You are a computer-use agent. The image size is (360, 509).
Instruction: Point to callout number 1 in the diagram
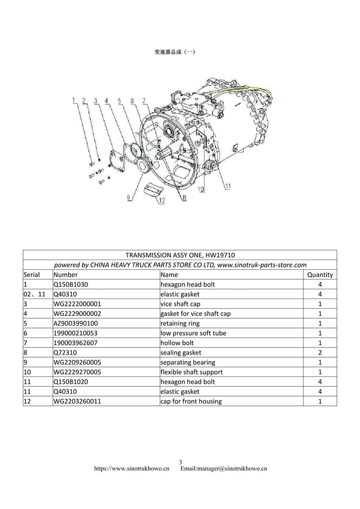tap(73, 101)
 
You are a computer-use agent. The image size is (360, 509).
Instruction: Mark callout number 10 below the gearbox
tap(201, 190)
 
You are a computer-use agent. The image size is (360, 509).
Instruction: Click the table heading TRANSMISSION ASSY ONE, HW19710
tap(179, 254)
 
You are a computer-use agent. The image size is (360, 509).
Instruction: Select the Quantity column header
tap(319, 275)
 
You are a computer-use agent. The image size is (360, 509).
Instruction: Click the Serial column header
tap(31, 275)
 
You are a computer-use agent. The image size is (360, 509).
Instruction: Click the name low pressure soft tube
tap(193, 333)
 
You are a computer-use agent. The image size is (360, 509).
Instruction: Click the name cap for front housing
tap(191, 401)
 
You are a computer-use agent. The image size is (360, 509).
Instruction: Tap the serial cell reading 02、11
tap(34, 294)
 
